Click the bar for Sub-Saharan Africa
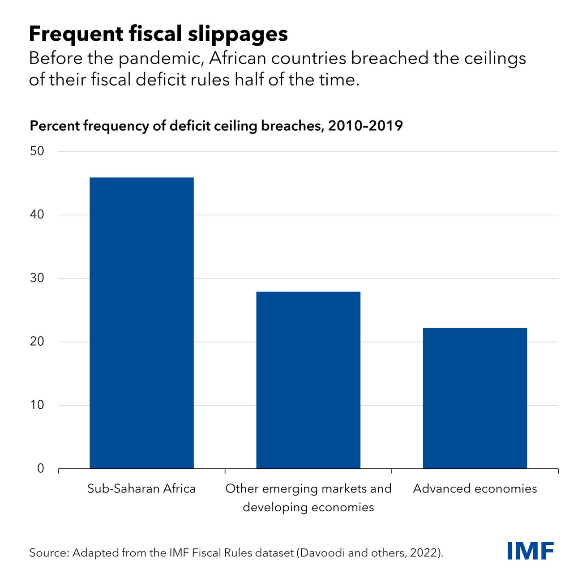pos(141,322)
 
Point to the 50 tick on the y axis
pos(37,151)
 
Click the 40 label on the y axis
pos(37,214)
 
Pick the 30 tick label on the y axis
pos(37,278)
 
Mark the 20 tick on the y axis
pos(37,342)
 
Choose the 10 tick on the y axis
pos(37,405)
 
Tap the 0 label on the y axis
pos(41,469)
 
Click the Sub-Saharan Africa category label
pos(141,488)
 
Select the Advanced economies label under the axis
pos(475,488)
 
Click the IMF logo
pos(531,551)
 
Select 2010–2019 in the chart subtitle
pos(365,126)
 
